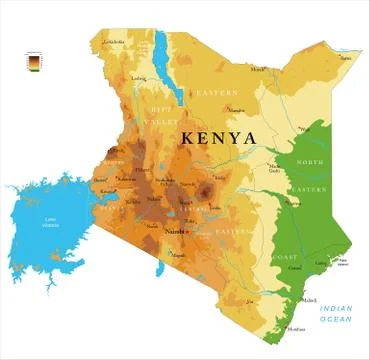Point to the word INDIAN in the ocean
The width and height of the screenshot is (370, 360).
pos(338,309)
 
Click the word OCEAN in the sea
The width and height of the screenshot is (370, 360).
pos(338,320)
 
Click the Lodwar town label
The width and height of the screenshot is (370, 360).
pos(139,78)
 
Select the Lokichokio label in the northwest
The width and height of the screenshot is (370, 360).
pos(115,42)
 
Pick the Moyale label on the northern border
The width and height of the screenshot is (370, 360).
pos(258,69)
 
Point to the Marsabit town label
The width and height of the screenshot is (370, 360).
pos(237,109)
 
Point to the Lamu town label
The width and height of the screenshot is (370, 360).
pos(322,263)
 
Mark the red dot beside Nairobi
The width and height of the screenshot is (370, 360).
pos(184,231)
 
